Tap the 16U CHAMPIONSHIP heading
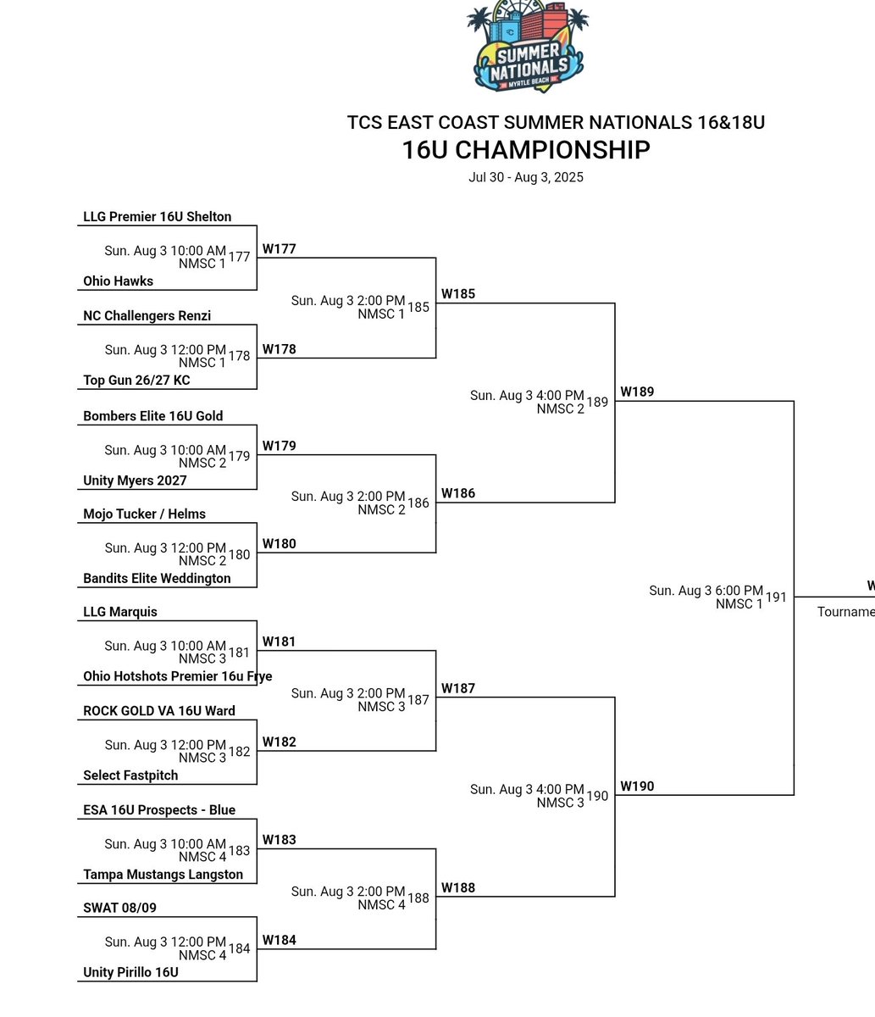point(526,150)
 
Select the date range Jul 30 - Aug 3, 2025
point(526,178)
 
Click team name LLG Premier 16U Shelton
point(157,217)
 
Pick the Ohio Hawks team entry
point(118,281)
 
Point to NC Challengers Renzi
point(147,316)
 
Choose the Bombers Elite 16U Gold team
point(152,416)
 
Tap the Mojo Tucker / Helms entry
point(144,514)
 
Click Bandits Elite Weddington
point(157,579)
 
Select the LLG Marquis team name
point(120,612)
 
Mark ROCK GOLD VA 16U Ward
point(159,711)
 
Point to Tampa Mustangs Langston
point(163,875)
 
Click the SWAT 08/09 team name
point(119,908)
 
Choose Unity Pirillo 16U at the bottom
point(130,973)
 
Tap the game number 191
point(776,597)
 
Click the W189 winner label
point(637,392)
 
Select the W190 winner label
point(637,786)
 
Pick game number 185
point(418,308)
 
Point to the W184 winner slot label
point(279,940)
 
